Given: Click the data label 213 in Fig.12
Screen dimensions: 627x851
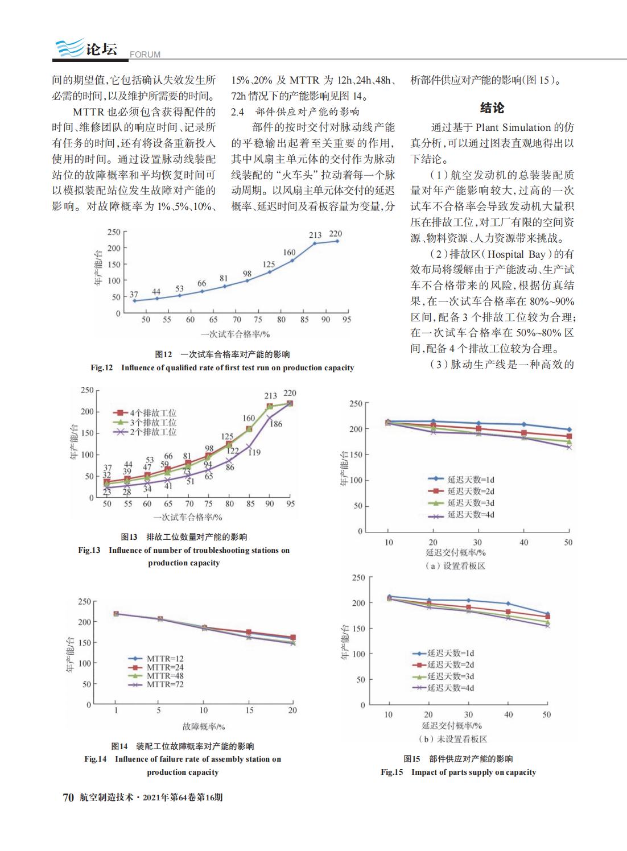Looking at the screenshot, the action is pyautogui.click(x=315, y=235).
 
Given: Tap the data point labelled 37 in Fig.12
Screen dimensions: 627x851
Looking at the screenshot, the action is pyautogui.click(x=134, y=300).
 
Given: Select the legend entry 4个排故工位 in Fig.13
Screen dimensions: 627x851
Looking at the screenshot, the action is pyautogui.click(x=145, y=413).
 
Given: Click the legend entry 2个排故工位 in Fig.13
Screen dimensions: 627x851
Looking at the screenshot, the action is pyautogui.click(x=145, y=432).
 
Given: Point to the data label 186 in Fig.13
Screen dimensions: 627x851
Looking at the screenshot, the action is pyautogui.click(x=276, y=424).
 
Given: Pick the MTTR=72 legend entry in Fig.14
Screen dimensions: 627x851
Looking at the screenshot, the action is pyautogui.click(x=156, y=684).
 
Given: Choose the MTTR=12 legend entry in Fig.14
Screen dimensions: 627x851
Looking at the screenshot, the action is pyautogui.click(x=156, y=658).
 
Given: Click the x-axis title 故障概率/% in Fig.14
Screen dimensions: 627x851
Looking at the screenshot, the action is pyautogui.click(x=204, y=726).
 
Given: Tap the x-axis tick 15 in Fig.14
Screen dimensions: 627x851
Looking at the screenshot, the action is pyautogui.click(x=249, y=710).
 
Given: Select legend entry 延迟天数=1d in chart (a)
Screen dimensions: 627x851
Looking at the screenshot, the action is pyautogui.click(x=461, y=480).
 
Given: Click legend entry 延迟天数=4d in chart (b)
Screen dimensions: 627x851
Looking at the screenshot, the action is pyautogui.click(x=443, y=688).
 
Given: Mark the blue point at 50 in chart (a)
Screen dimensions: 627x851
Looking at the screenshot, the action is pyautogui.click(x=569, y=429).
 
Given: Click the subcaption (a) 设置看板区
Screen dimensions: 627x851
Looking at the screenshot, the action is pyautogui.click(x=455, y=565).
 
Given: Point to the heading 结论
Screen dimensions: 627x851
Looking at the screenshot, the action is pyautogui.click(x=492, y=108).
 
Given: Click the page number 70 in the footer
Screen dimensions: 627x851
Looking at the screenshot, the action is pyautogui.click(x=68, y=797).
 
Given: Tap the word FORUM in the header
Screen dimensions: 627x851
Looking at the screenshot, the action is pyautogui.click(x=145, y=55).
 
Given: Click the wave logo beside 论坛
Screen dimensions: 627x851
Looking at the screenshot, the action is pyautogui.click(x=69, y=47).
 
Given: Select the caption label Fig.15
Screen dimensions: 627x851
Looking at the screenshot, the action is pyautogui.click(x=392, y=772).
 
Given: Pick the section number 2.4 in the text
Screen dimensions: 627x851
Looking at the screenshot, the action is pyautogui.click(x=237, y=111).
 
